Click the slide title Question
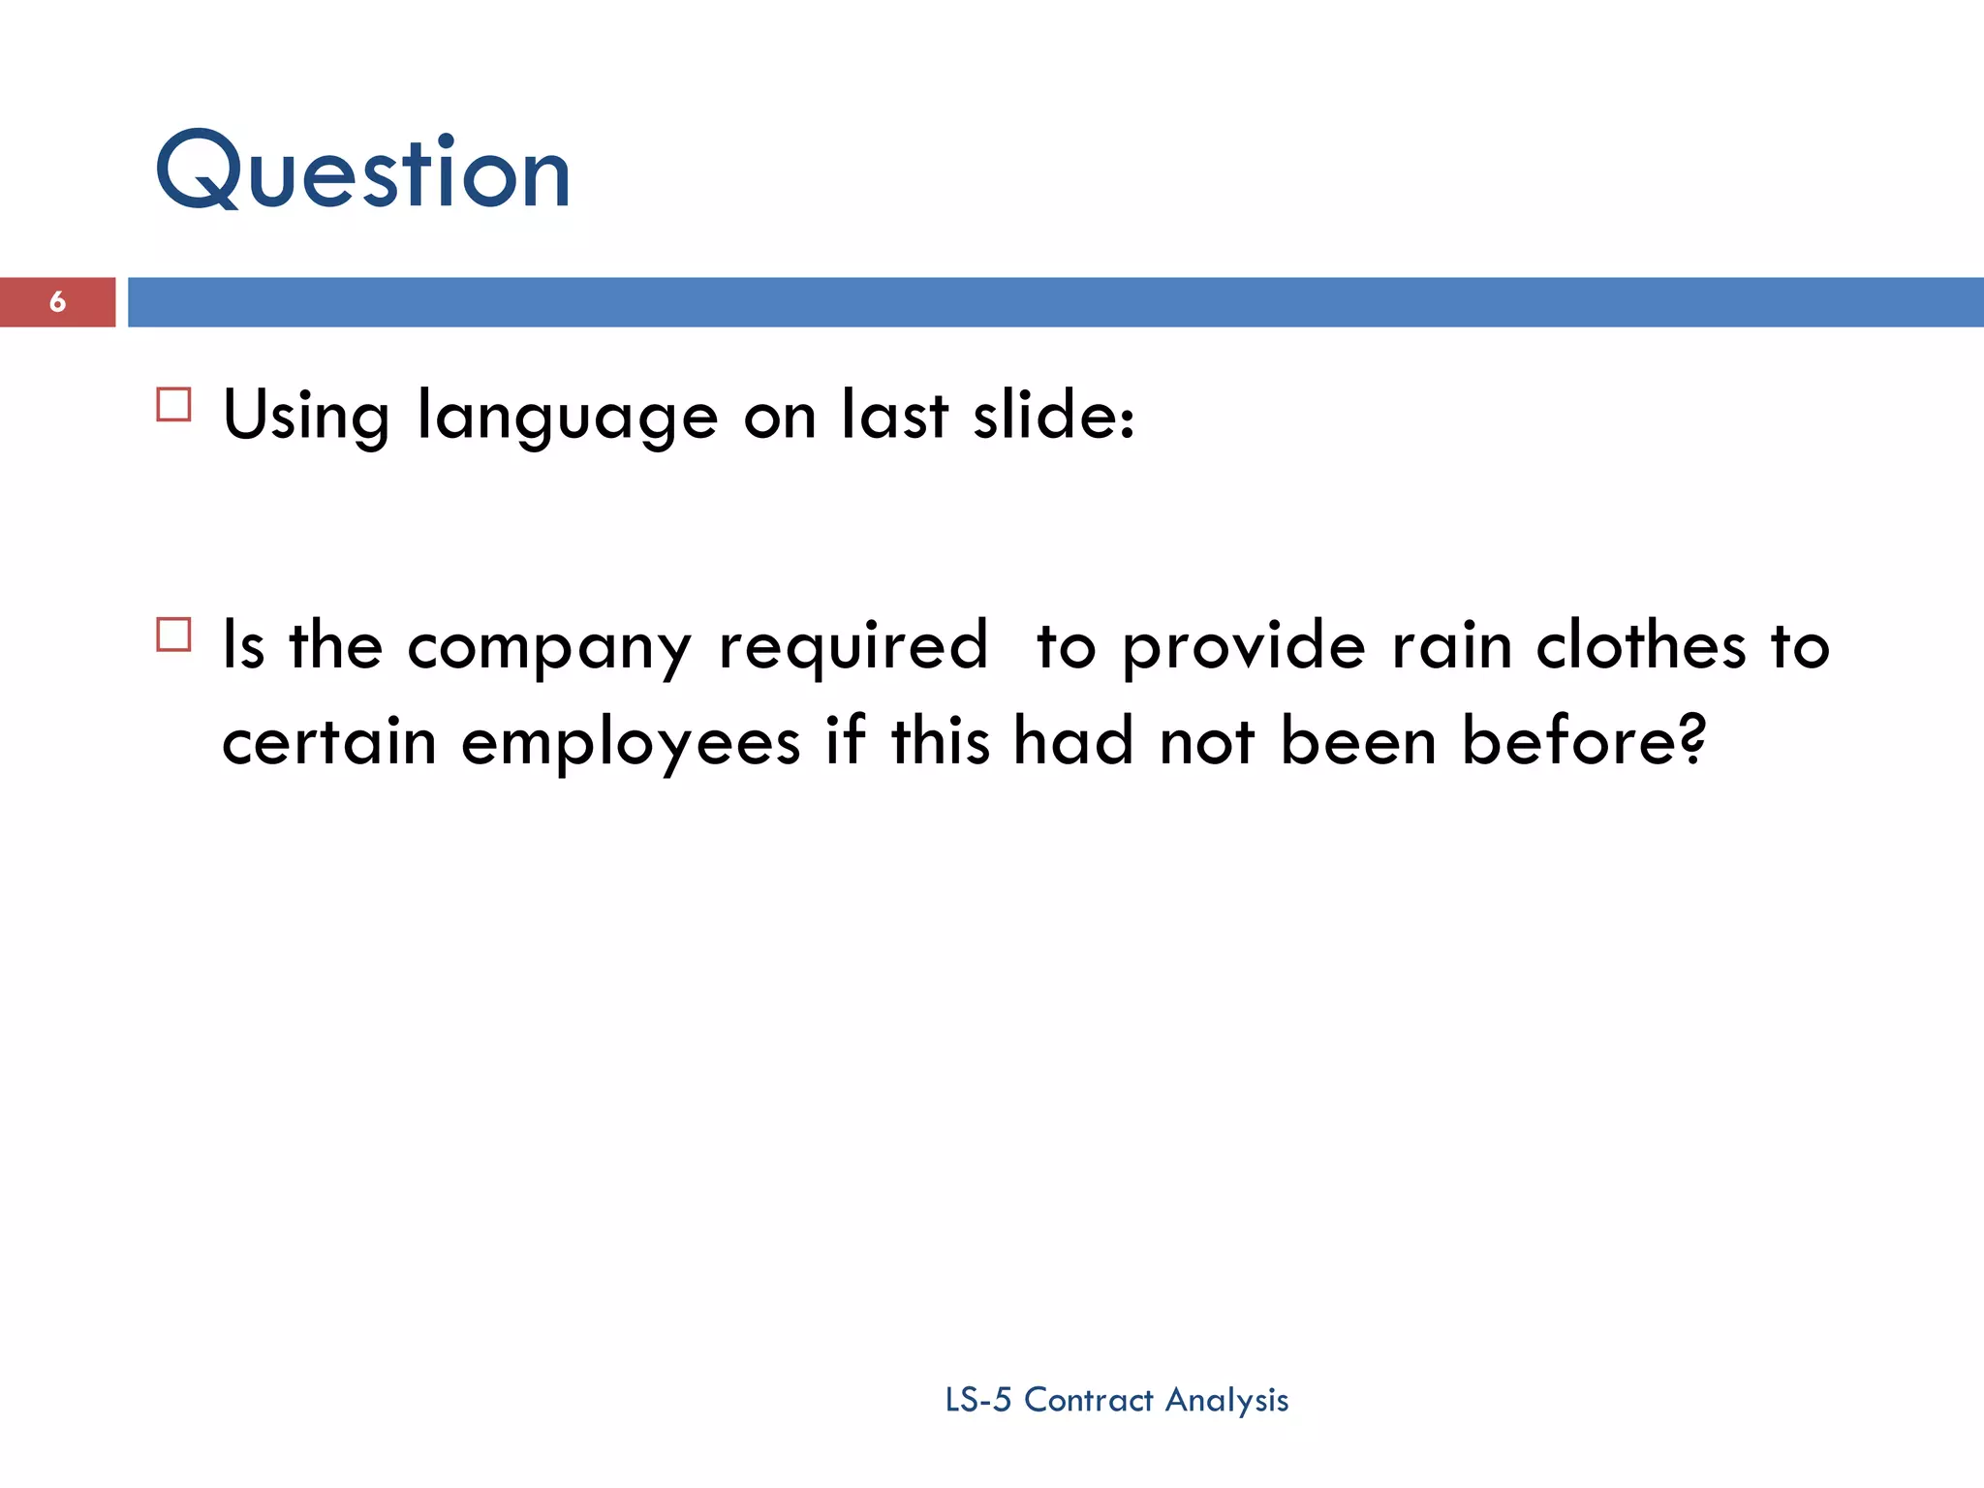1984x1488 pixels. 363,172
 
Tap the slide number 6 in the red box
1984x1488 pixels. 57,302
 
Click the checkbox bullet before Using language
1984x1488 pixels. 173,404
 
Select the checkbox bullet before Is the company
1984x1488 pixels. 173,635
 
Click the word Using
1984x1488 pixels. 306,416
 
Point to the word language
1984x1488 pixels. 567,416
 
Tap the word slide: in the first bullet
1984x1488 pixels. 1053,416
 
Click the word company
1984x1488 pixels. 549,647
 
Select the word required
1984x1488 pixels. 852,647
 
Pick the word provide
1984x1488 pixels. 1244,647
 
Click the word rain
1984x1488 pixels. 1451,645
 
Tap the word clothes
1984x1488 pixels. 1642,645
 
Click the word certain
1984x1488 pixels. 329,742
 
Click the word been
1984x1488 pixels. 1358,740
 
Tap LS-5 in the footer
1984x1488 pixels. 977,1400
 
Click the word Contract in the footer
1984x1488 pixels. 1089,1400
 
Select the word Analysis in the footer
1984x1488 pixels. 1226,1401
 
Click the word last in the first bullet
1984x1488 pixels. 894,416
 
